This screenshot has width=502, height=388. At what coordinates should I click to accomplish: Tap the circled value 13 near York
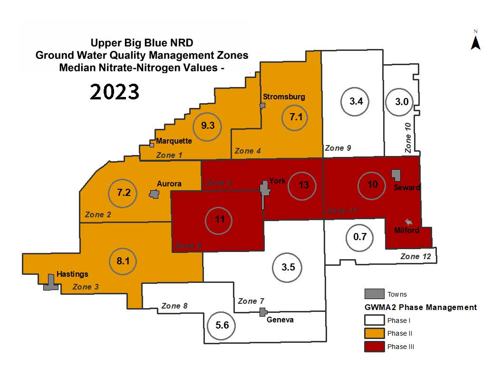click(x=304, y=185)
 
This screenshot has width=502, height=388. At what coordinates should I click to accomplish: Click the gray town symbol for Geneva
click(x=262, y=312)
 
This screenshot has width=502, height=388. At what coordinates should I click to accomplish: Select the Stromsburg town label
click(x=284, y=97)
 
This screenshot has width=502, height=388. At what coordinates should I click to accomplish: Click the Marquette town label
click(x=174, y=141)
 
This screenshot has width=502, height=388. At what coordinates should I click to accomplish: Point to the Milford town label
click(x=406, y=231)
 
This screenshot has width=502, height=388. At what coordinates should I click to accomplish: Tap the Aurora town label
click(x=169, y=184)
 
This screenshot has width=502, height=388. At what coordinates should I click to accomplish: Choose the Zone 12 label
click(x=416, y=257)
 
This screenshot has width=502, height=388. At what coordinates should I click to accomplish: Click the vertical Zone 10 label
click(x=407, y=137)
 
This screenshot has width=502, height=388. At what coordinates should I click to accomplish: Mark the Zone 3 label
click(x=86, y=287)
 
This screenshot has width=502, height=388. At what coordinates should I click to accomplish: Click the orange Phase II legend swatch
click(x=374, y=333)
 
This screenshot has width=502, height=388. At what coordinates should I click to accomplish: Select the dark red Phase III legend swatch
click(x=374, y=346)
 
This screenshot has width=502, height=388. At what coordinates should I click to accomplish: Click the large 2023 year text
click(x=115, y=92)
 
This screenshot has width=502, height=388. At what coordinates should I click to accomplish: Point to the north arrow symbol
click(x=475, y=42)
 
